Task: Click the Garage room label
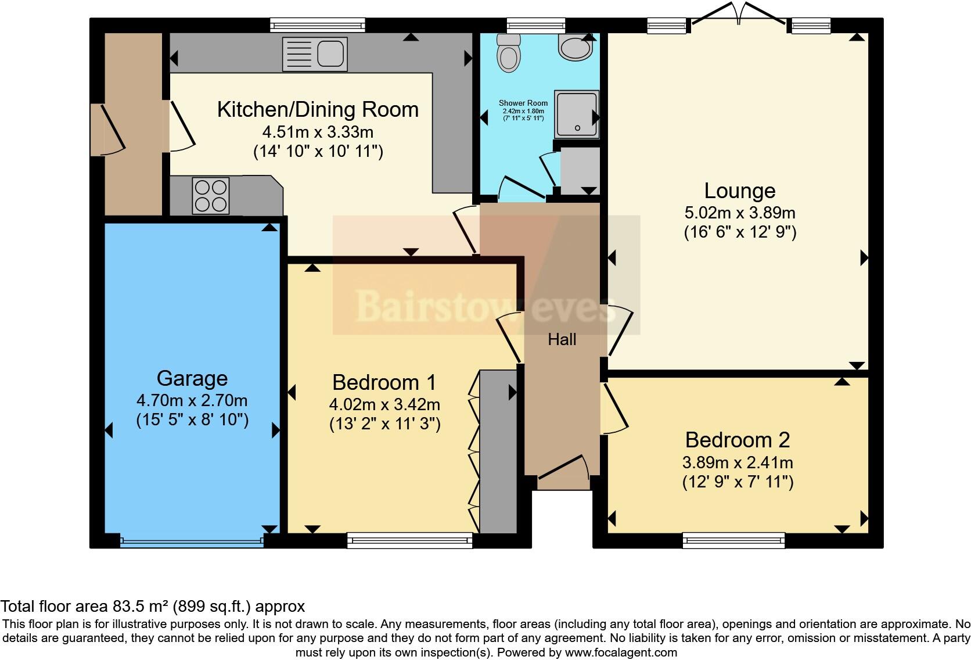[x=192, y=379]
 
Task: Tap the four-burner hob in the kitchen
[x=210, y=196]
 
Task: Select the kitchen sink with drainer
[x=314, y=54]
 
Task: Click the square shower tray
[x=576, y=114]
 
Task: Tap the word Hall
[x=562, y=340]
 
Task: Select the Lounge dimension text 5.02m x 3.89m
[x=740, y=213]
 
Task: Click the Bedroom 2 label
[x=738, y=440]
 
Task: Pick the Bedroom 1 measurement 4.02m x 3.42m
[x=384, y=404]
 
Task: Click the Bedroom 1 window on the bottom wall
[x=409, y=541]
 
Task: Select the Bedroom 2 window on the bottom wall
[x=733, y=541]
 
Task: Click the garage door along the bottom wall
[x=192, y=542]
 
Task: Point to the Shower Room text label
[x=523, y=103]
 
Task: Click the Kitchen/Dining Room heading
[x=318, y=110]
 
